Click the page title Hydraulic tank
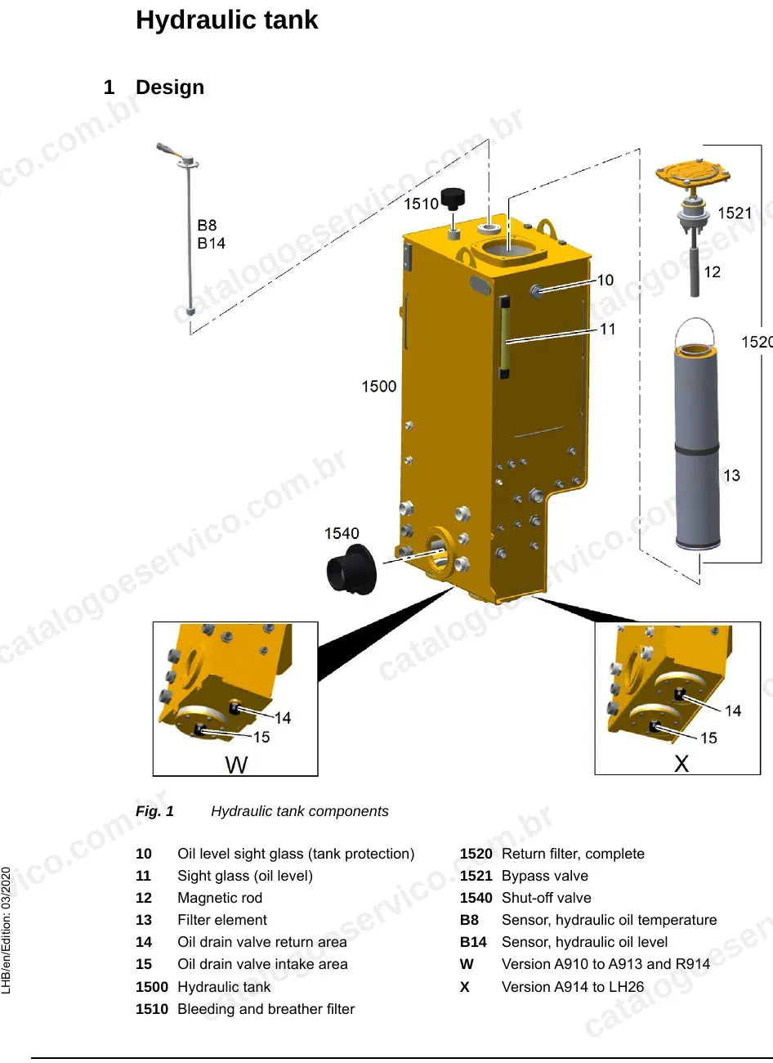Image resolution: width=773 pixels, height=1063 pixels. click(226, 20)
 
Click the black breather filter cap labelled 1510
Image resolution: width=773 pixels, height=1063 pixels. click(454, 199)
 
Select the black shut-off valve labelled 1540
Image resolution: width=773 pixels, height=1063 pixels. click(351, 568)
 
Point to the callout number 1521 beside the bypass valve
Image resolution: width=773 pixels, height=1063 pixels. click(735, 213)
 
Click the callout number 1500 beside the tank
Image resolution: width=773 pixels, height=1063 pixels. click(379, 386)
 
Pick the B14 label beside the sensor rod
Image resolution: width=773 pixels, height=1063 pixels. click(211, 244)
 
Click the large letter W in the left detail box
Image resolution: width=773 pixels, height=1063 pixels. click(236, 765)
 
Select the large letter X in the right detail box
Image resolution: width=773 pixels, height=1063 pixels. click(681, 764)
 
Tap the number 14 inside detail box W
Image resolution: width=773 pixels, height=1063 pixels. click(283, 718)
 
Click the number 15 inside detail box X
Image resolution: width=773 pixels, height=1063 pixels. click(708, 738)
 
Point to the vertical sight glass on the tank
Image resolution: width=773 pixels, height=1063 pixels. click(504, 338)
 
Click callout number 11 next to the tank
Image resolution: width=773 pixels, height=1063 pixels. click(607, 329)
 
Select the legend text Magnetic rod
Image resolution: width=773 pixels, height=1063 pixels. click(220, 898)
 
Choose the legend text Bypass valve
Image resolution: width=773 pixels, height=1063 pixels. click(545, 876)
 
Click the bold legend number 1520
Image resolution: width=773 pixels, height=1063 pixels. click(476, 854)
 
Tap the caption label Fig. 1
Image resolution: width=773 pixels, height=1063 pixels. click(154, 811)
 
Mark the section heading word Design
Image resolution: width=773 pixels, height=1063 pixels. click(170, 87)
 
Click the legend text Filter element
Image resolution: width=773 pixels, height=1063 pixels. click(222, 920)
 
